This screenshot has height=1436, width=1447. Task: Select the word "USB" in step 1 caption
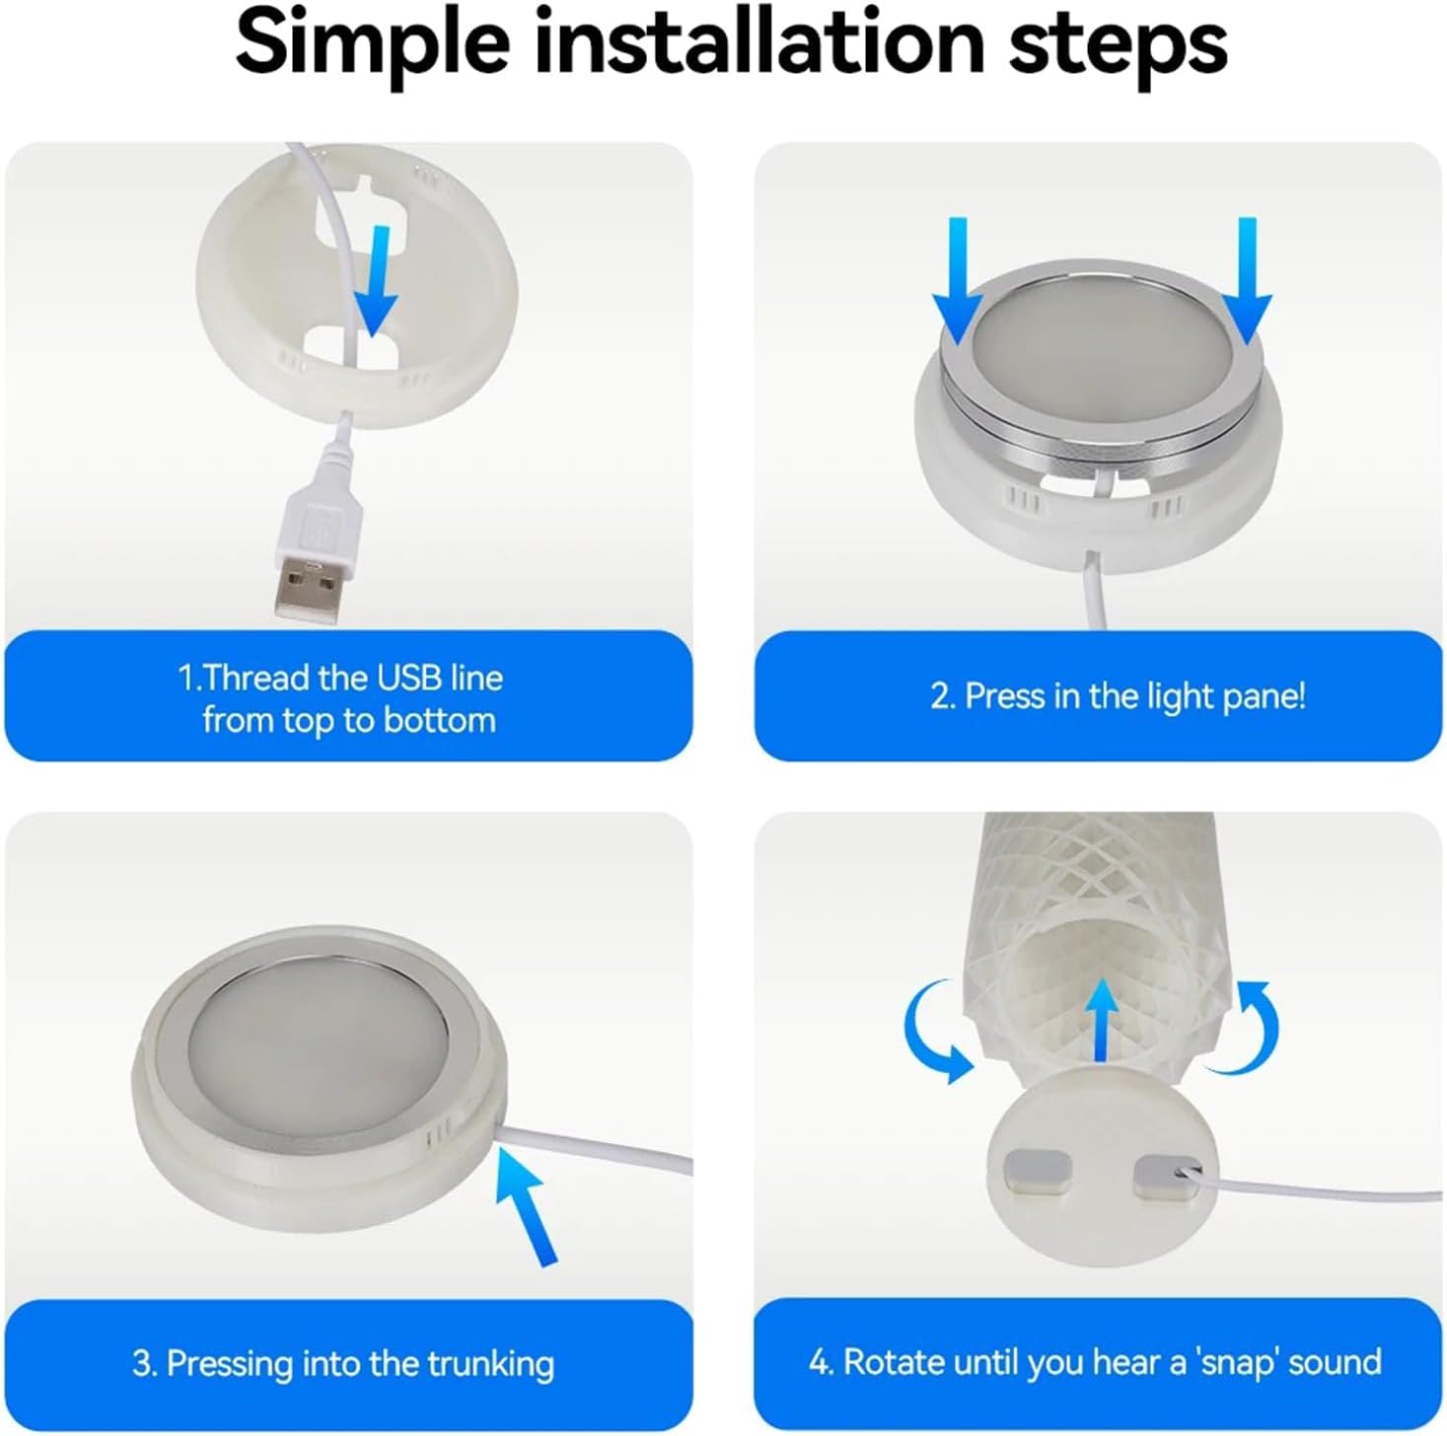[x=410, y=679]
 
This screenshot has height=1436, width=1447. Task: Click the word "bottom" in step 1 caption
[x=439, y=720]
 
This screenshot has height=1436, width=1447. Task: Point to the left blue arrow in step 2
[x=958, y=282]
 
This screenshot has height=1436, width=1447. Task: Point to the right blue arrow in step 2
[x=1247, y=282]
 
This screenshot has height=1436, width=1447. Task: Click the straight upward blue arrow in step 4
[x=1101, y=1019]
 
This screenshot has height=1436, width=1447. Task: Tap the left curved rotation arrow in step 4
[x=935, y=1032]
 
